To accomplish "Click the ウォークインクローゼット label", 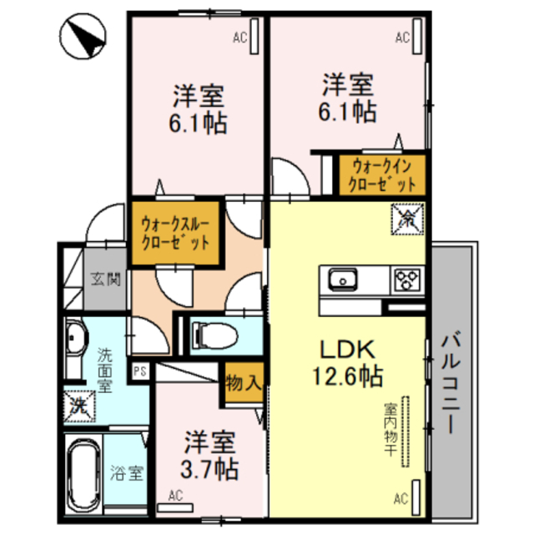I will (382, 174).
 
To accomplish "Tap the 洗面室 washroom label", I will (104, 369).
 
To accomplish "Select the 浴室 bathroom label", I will (126, 476).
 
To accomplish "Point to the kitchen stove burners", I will (406, 278).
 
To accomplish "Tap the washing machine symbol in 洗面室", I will (79, 405).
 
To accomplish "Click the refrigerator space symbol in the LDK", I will (409, 219).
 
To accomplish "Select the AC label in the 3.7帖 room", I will (176, 496).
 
